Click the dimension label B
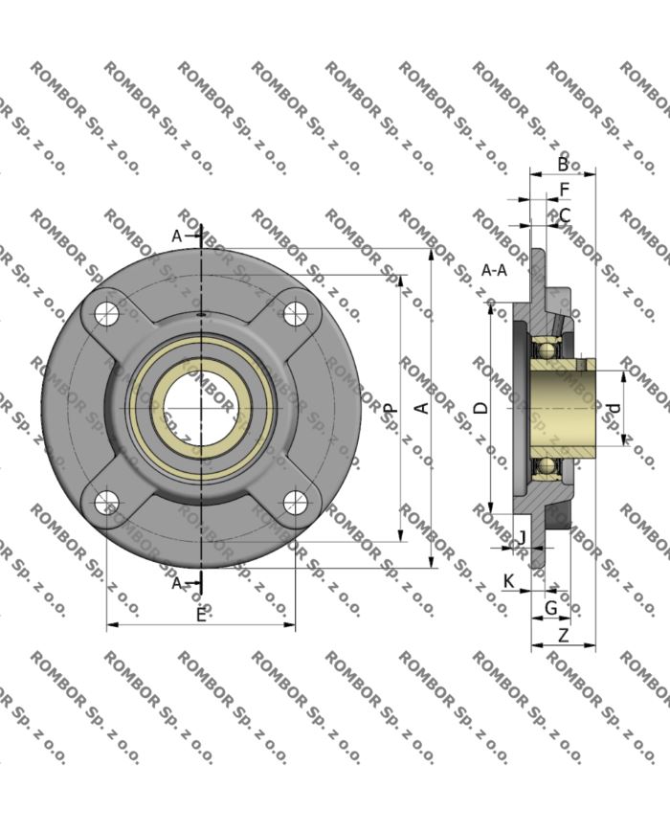(x=564, y=164)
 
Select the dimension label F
(x=564, y=190)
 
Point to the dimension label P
(x=391, y=408)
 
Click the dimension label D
(x=481, y=407)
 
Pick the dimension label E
(x=201, y=615)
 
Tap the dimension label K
(x=508, y=581)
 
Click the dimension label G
(x=550, y=608)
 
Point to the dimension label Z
(x=563, y=635)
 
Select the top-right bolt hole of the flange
(x=296, y=311)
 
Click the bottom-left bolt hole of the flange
(x=107, y=501)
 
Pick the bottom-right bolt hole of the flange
(x=296, y=501)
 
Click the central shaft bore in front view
(x=201, y=407)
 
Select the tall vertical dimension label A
(x=419, y=408)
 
